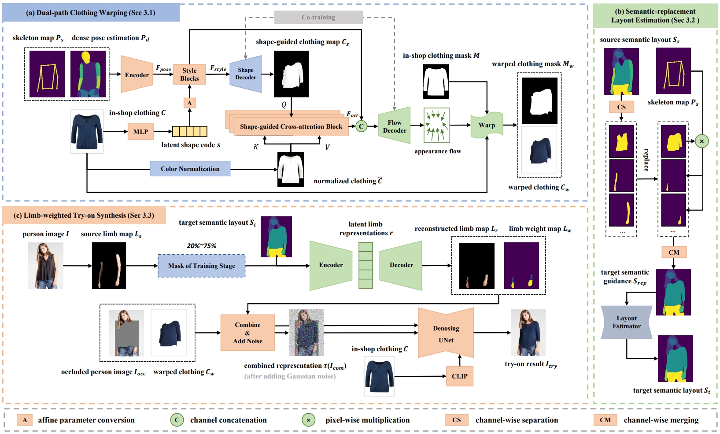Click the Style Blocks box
click(189, 74)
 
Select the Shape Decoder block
click(246, 74)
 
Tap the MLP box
click(141, 132)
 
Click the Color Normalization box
click(190, 169)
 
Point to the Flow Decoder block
click(395, 126)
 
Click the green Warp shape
click(487, 125)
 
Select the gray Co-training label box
click(318, 17)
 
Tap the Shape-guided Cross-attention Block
click(291, 126)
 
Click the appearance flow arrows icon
click(436, 125)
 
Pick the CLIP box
click(460, 376)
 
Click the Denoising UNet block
click(446, 333)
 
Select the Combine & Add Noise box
click(247, 333)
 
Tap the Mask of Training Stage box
click(202, 266)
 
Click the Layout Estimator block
click(627, 322)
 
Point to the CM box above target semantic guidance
click(674, 252)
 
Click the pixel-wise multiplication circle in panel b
click(702, 141)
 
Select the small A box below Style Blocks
click(190, 103)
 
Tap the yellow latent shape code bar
click(190, 131)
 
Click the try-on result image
click(528, 333)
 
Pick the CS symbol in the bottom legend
click(456, 420)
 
